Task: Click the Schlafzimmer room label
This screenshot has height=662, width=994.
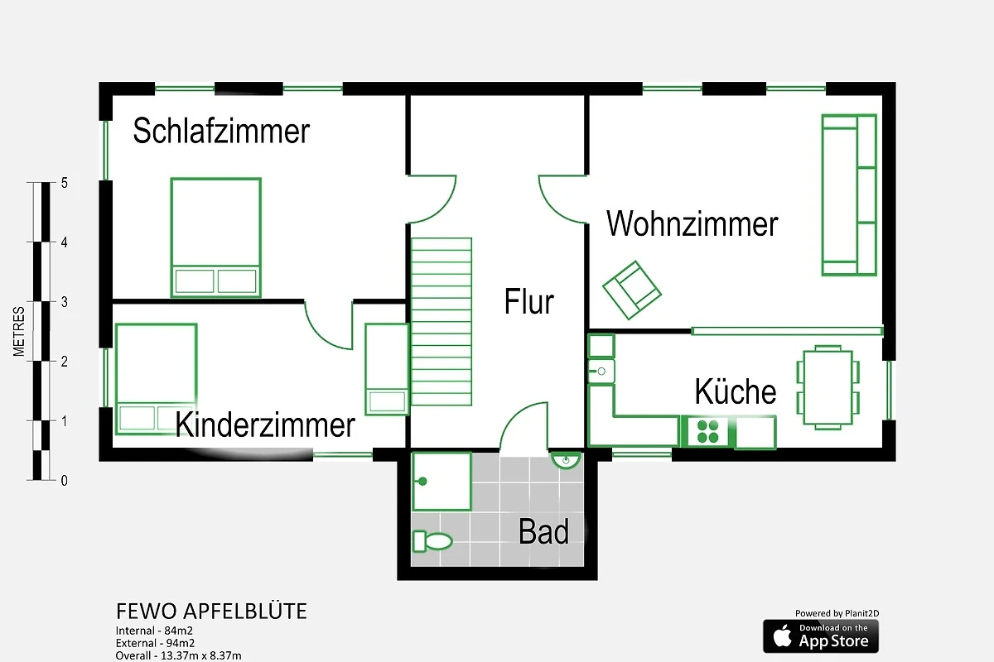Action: coord(221,131)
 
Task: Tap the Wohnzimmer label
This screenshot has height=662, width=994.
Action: coord(692,223)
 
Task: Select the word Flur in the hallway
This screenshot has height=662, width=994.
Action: coord(529,301)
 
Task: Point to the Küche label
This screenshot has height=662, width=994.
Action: coord(736,391)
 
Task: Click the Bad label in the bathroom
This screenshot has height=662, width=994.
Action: coord(543,531)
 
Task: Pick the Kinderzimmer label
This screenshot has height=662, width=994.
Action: coord(265,425)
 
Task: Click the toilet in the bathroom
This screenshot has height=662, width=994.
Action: coord(432,541)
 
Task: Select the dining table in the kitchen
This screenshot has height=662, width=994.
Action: coord(828,387)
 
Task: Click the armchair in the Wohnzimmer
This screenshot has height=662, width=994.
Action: coord(632,290)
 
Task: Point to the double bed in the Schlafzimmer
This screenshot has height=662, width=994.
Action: coord(216,237)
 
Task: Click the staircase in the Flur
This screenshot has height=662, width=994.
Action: coord(441,321)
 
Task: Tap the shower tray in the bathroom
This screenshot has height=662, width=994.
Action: coord(442,482)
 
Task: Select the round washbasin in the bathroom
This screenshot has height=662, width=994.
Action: coord(566,460)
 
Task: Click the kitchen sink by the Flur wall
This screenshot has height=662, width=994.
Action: coord(601,371)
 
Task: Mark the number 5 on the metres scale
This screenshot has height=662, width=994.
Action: coord(65,183)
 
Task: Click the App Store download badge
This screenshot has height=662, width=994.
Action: coord(821,636)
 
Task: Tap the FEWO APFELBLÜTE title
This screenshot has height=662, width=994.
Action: coord(211,611)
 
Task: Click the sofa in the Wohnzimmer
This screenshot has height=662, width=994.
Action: coord(849,195)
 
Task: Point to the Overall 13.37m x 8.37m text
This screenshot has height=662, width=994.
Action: coord(178,655)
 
